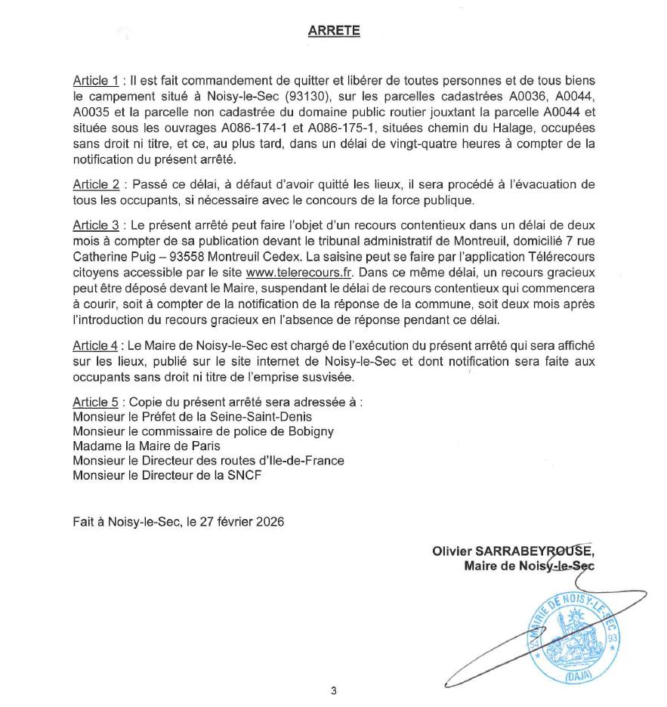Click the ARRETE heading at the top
[x=334, y=31]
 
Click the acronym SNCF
[x=241, y=476]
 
